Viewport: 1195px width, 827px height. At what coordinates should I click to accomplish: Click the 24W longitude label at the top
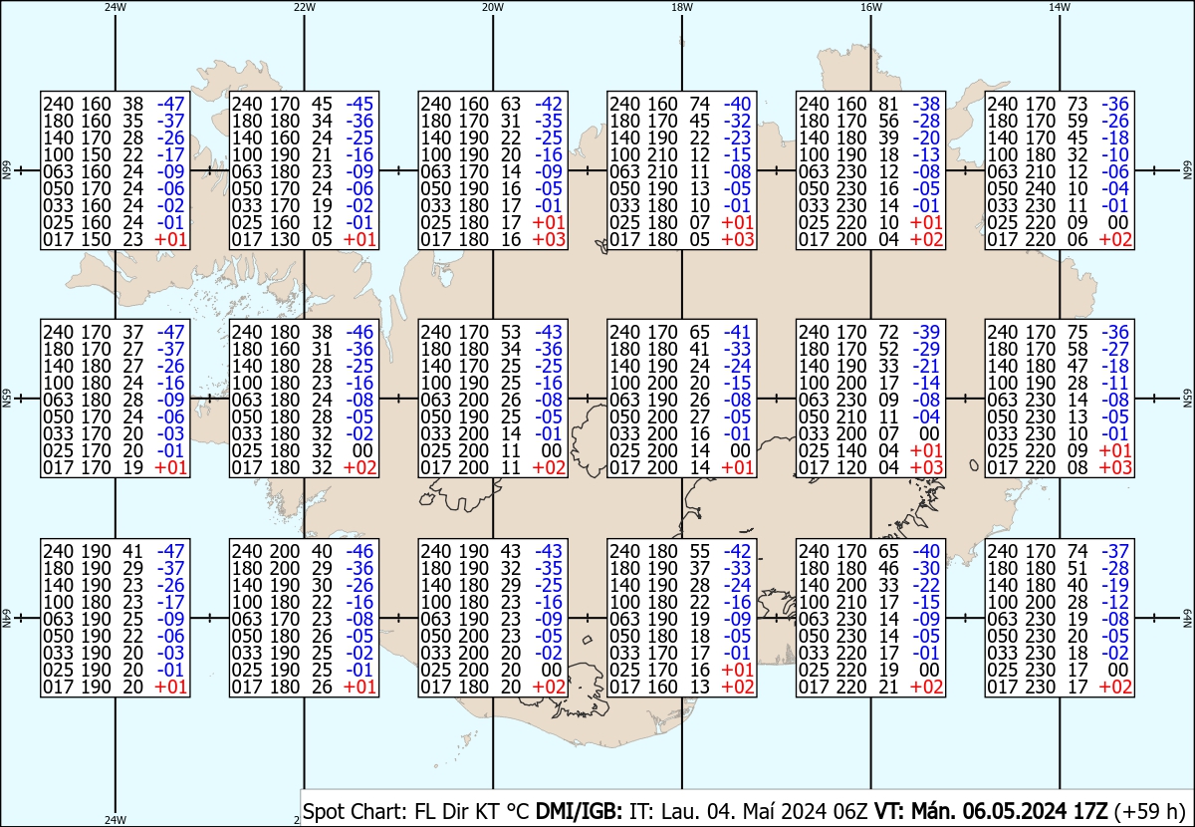click(x=116, y=7)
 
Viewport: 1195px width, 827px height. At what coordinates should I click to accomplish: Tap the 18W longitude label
click(x=682, y=7)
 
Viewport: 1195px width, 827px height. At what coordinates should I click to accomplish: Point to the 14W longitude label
click(x=1060, y=7)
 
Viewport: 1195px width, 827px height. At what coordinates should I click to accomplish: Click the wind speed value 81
click(x=889, y=103)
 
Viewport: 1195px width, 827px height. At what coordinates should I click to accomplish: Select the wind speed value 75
click(x=1078, y=332)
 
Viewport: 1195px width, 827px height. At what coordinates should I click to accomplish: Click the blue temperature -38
click(x=926, y=103)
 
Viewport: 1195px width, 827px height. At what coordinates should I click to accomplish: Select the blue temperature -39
click(x=926, y=332)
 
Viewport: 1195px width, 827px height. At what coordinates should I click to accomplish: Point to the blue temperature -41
click(x=737, y=332)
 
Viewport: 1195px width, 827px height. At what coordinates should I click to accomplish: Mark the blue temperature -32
click(x=737, y=121)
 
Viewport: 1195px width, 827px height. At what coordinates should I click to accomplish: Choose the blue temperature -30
click(x=926, y=569)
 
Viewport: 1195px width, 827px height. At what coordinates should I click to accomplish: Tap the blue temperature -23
click(x=737, y=138)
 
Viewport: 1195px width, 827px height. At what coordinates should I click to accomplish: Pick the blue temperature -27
click(x=1115, y=350)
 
